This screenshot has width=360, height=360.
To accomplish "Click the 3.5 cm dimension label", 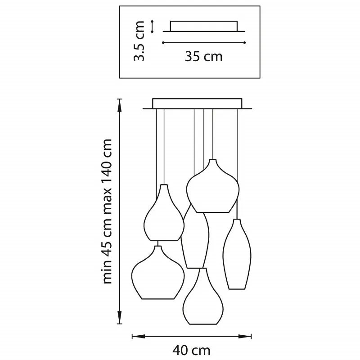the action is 139,41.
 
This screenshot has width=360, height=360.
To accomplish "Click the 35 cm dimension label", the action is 204,57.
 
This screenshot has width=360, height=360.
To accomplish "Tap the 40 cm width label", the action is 191,351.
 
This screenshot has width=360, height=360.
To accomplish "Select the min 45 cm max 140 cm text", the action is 107,211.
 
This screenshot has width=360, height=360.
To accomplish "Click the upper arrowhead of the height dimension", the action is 119,106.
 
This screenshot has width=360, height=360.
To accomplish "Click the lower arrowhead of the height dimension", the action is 119,317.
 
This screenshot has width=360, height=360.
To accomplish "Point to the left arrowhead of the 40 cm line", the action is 139,337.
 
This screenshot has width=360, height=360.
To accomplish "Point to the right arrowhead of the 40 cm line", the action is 245,337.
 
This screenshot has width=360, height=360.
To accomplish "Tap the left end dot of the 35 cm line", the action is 163,43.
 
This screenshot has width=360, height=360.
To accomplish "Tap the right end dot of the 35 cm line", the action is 244,43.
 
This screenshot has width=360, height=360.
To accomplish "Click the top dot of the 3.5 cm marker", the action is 152,22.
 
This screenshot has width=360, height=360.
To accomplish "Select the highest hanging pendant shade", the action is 213,186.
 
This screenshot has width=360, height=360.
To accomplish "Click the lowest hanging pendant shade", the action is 203,296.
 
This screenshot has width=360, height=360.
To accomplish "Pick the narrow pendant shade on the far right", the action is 237,254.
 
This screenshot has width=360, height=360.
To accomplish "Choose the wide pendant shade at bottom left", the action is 158,273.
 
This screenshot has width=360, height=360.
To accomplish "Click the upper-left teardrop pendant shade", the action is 164,212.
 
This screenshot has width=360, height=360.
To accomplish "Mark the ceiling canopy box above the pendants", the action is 197,103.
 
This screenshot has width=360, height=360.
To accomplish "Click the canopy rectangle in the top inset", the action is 204,26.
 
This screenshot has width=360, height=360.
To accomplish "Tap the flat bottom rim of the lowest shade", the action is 203,324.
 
